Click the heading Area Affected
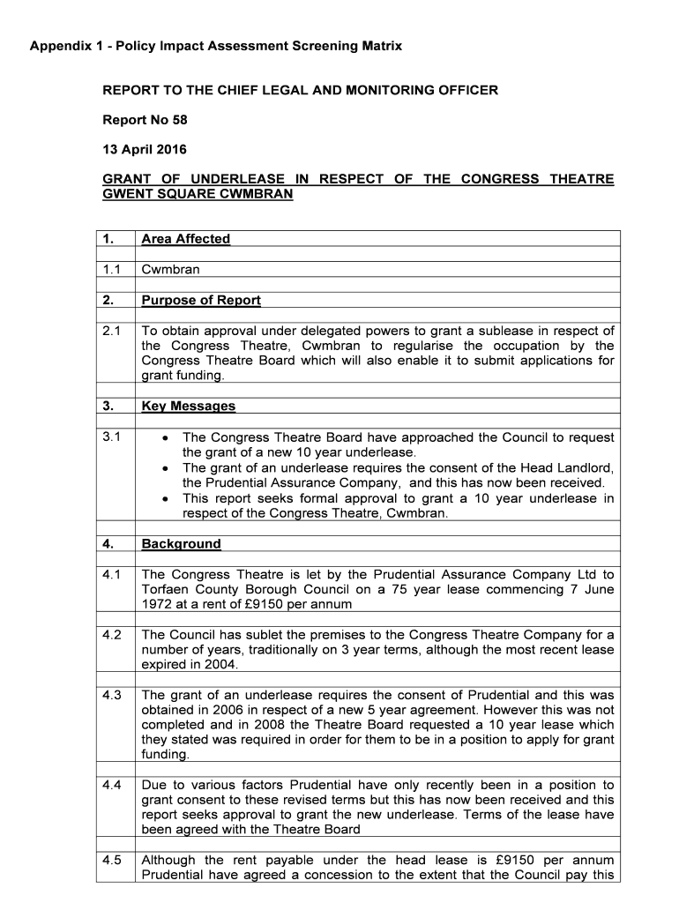coord(185,239)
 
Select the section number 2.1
coord(112,331)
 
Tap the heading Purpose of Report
coord(201,300)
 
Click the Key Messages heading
coord(188,406)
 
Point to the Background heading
coord(181,544)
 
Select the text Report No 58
coord(145,120)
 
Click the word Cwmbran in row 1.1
coord(170,269)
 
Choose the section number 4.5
coord(112,860)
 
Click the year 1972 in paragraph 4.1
coord(157,604)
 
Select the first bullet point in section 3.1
coord(167,438)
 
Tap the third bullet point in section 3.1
coord(167,499)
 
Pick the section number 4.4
coord(112,785)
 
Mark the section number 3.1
coord(112,437)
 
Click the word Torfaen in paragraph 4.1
coord(166,589)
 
